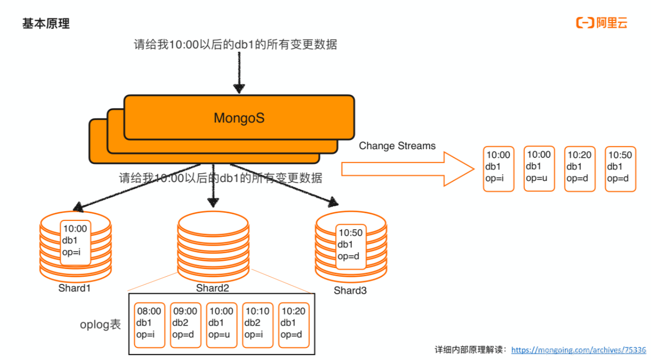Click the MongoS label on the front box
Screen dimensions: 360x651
239,117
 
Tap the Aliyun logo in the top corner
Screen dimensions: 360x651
602,23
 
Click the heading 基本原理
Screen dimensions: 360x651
46,24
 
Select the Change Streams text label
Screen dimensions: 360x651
397,146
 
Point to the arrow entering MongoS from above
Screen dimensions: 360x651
239,73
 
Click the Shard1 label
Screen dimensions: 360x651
75,288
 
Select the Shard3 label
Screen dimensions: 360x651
350,290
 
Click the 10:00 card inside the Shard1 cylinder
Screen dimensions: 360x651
75,243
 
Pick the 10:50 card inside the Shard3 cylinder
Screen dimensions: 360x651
350,244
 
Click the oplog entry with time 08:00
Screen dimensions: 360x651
149,325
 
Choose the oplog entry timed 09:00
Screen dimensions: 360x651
185,325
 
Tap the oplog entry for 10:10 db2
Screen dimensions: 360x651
257,325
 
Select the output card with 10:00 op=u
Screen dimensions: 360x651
539,169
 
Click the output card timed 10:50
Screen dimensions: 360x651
620,169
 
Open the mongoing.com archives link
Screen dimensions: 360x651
578,350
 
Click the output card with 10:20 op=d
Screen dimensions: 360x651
579,169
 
